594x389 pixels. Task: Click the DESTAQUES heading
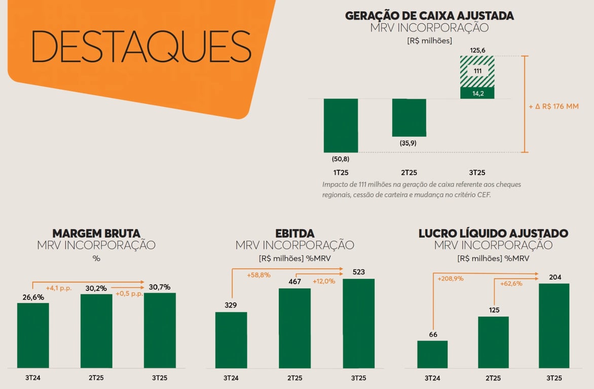coord(141,46)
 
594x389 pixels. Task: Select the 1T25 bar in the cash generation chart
coord(341,125)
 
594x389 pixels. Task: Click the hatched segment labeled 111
coord(477,71)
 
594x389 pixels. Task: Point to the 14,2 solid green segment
coord(477,93)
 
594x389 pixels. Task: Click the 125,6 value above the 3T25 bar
coord(477,51)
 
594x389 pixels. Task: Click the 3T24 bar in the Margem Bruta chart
coord(33,335)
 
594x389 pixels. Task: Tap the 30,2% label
coord(96,288)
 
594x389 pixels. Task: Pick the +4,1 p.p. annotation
coord(58,288)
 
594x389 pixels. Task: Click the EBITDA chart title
coord(294,234)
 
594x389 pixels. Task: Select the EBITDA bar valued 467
coord(294,328)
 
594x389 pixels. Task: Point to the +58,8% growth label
coord(258,275)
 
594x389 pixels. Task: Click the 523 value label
coord(358,272)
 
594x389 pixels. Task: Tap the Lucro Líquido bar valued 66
coord(432,354)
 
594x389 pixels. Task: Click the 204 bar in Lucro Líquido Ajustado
coord(554,325)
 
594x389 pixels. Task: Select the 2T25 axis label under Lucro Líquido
coord(493,378)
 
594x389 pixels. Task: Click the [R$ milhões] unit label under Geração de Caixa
coord(429,41)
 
